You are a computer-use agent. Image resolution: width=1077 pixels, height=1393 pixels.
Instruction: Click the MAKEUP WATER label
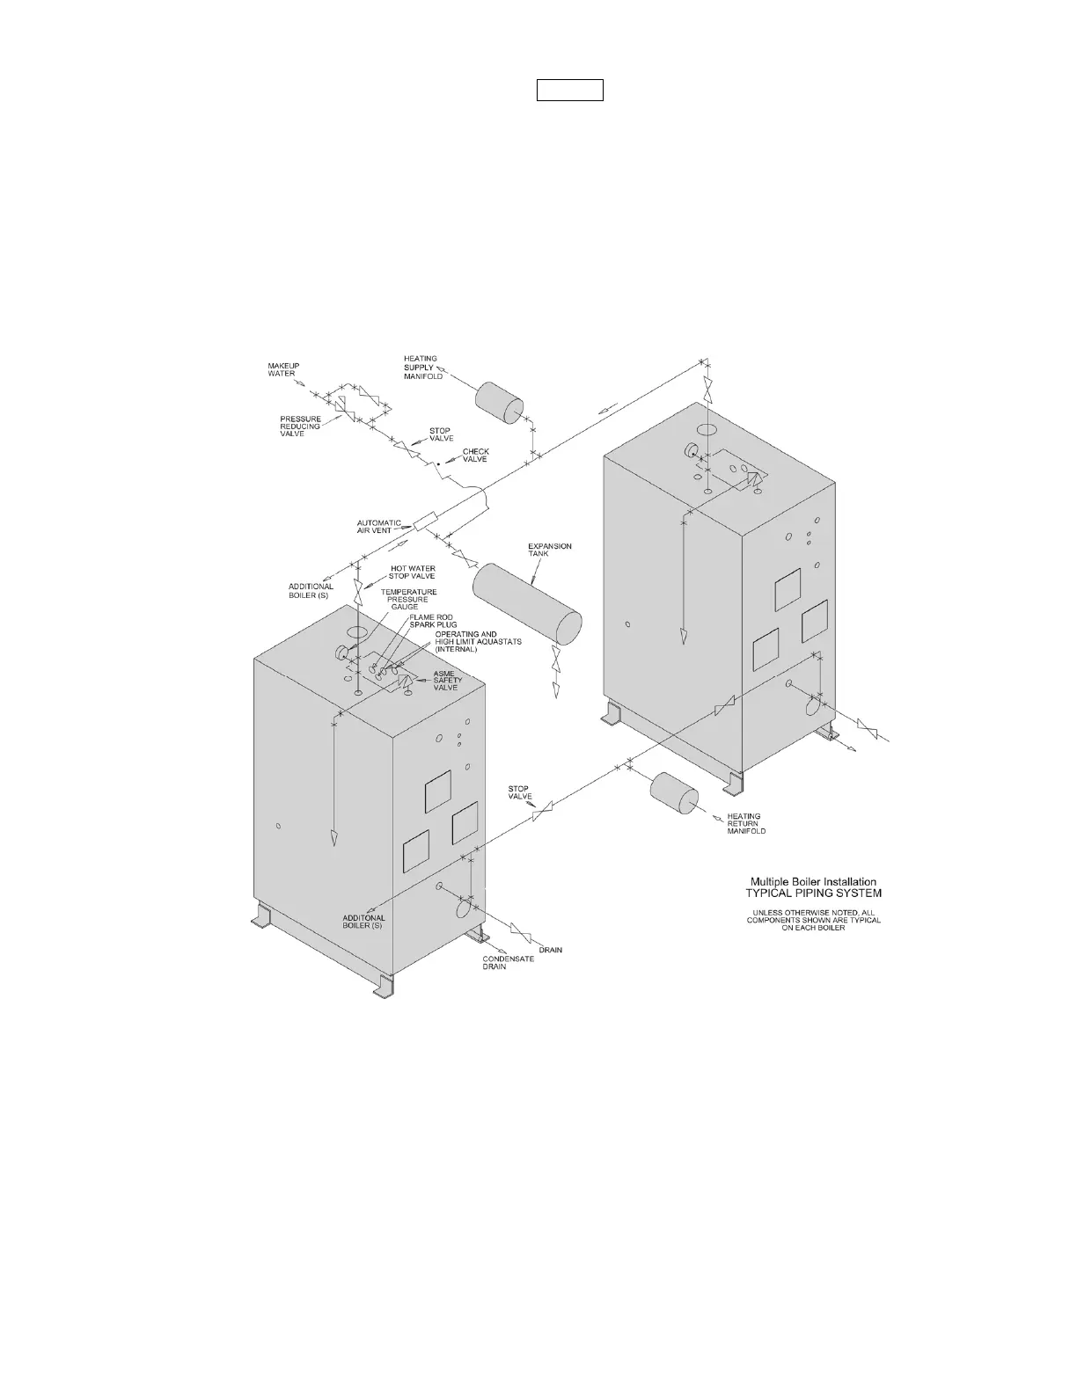[x=283, y=369]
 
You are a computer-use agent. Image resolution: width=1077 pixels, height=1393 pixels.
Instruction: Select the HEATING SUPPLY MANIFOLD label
[x=421, y=368]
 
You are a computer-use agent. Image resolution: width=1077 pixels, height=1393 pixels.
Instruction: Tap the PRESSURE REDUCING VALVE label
[x=300, y=427]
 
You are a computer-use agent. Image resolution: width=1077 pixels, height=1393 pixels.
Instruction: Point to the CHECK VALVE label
[x=475, y=456]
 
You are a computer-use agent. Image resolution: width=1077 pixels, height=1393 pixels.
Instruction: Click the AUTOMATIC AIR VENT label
[x=378, y=525]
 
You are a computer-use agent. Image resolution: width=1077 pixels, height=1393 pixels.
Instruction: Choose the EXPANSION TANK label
[x=549, y=550]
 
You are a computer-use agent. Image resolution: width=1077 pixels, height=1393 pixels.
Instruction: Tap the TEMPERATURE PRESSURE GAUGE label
[x=408, y=599]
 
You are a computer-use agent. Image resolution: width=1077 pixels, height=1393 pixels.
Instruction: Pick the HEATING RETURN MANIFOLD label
[x=745, y=823]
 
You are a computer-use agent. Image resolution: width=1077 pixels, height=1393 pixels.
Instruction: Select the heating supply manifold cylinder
[x=500, y=404]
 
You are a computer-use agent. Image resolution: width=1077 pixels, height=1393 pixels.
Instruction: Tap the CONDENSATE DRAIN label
[x=508, y=963]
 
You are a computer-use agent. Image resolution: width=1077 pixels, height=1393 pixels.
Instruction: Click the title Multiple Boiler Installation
[x=812, y=881]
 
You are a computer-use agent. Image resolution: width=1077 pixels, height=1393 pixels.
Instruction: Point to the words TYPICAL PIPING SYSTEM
[x=813, y=893]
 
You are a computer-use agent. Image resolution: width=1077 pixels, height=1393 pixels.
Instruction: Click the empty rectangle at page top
[x=570, y=90]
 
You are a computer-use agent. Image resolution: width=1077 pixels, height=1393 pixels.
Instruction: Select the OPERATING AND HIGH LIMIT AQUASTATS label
[x=478, y=641]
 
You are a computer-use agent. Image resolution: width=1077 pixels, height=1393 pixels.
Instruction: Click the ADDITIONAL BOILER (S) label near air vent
[x=311, y=591]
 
